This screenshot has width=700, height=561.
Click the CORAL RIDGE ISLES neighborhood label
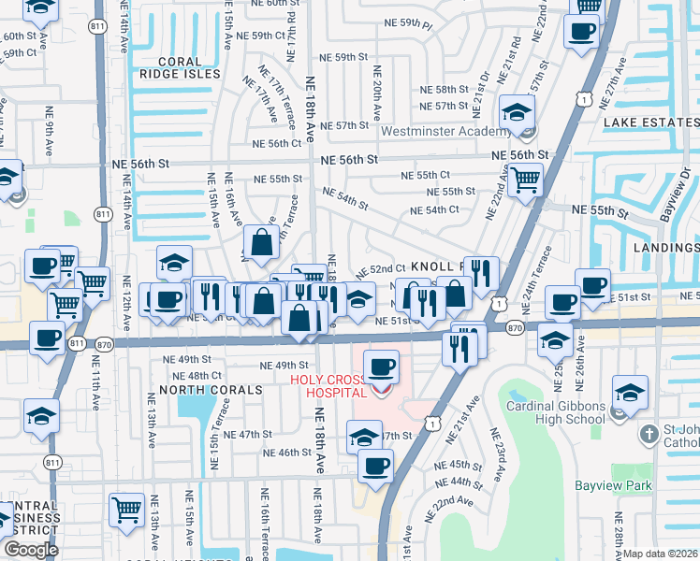[182, 73]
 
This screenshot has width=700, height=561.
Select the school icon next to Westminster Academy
[515, 115]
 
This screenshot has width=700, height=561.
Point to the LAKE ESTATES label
[651, 122]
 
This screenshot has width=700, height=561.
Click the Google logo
[31, 550]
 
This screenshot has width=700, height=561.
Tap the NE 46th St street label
[287, 453]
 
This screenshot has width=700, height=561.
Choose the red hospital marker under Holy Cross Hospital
[380, 390]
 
